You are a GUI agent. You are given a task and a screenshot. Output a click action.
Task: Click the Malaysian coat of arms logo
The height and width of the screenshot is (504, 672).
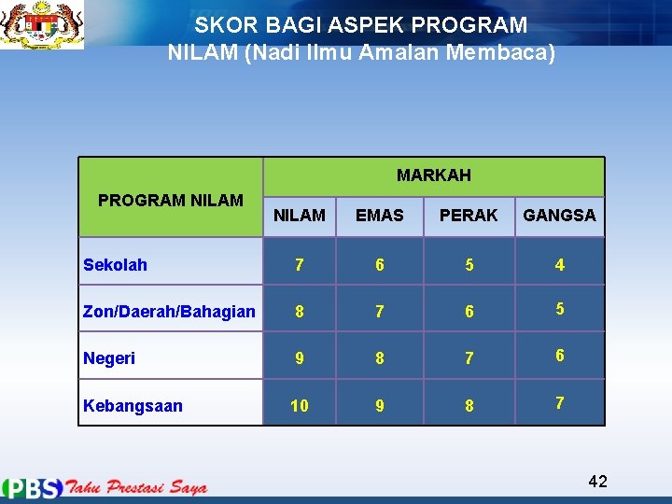tap(42, 25)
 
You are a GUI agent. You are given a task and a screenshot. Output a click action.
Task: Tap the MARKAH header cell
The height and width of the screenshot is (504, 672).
tap(433, 175)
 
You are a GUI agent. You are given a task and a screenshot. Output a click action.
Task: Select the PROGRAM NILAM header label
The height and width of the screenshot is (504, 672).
tap(171, 200)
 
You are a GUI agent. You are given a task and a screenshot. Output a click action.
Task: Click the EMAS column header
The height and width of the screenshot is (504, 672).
tap(379, 216)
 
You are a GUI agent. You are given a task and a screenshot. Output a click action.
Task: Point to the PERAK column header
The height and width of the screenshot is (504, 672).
tap(469, 216)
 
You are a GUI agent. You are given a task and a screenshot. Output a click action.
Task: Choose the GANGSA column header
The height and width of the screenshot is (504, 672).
tap(559, 216)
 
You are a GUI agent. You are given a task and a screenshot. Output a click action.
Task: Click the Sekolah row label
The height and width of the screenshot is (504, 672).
tap(115, 265)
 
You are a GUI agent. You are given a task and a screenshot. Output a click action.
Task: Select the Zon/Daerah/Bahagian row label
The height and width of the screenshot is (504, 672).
tap(169, 312)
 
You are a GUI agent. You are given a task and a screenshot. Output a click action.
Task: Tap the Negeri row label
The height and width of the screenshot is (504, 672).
tap(109, 358)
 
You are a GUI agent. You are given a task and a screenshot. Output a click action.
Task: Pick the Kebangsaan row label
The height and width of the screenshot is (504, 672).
tap(133, 406)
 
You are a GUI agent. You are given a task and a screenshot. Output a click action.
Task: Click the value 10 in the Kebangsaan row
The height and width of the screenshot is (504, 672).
tap(299, 406)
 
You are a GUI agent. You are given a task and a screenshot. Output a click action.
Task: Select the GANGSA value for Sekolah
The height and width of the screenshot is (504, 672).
tap(559, 265)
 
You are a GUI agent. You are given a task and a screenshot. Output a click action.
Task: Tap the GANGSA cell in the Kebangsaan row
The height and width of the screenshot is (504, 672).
tap(559, 403)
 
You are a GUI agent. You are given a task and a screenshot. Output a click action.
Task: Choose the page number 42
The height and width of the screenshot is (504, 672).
tap(597, 482)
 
